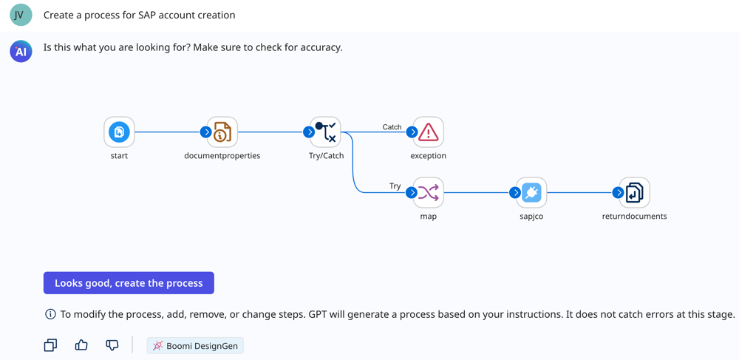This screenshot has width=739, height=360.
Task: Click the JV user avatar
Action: tap(21, 15)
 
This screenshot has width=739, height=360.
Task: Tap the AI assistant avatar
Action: tap(21, 51)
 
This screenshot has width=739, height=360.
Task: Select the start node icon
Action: tap(119, 132)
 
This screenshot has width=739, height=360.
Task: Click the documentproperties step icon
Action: tap(222, 132)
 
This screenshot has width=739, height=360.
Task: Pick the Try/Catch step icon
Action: tap(326, 132)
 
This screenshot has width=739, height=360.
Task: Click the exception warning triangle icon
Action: tap(428, 132)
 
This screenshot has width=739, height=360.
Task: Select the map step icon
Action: tap(428, 193)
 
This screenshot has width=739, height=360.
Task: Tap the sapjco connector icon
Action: tap(531, 193)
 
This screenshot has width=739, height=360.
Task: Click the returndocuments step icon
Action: tap(634, 193)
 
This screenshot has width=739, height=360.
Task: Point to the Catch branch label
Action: tap(392, 127)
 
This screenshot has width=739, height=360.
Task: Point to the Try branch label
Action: tap(395, 186)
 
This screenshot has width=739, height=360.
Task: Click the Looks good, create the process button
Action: tap(129, 283)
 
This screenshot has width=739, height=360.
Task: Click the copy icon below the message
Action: tap(50, 345)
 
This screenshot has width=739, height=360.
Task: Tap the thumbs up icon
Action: tap(81, 345)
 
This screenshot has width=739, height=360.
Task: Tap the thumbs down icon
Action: tap(112, 345)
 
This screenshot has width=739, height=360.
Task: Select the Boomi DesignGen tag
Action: tap(195, 346)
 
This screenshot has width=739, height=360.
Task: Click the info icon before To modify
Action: tap(50, 314)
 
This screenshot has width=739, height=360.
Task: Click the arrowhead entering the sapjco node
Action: tap(515, 193)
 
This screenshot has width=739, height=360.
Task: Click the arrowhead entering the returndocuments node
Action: tap(618, 193)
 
